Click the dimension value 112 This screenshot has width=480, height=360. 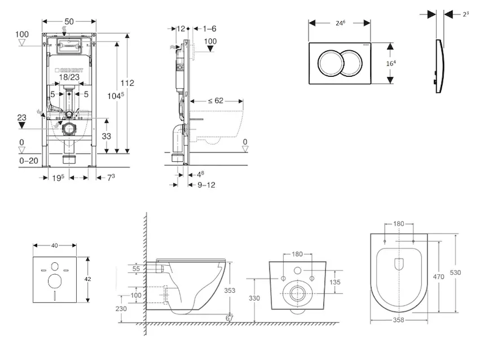(x=127, y=83)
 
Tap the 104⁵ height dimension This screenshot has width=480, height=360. (x=113, y=96)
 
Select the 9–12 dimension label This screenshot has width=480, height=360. (x=206, y=185)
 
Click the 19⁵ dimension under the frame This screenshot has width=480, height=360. (x=59, y=177)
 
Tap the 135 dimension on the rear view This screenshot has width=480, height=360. (x=337, y=281)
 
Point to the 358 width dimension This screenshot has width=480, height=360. (x=398, y=320)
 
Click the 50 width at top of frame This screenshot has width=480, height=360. (x=69, y=22)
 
